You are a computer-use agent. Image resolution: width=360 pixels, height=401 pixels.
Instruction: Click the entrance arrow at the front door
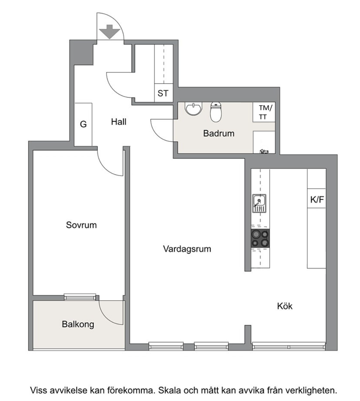(110, 32)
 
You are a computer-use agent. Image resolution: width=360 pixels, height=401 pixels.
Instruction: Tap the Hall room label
(119, 122)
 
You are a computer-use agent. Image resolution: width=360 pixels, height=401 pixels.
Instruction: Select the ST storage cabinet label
(163, 93)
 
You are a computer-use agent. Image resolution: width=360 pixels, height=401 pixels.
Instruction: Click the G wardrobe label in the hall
(83, 124)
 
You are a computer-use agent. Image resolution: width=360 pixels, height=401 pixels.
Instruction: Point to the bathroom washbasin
(194, 109)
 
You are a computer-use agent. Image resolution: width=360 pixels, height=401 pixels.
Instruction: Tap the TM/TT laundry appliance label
(265, 112)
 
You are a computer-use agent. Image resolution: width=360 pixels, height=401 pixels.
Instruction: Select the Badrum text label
(218, 133)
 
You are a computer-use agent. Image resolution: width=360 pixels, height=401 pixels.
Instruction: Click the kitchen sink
(259, 203)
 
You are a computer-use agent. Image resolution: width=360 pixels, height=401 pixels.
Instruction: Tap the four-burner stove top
(260, 238)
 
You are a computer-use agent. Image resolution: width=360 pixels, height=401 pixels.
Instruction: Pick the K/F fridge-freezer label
(317, 199)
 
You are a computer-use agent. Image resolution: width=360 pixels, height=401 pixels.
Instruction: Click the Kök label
(285, 306)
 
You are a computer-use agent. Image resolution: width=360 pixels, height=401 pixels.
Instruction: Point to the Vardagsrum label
(187, 249)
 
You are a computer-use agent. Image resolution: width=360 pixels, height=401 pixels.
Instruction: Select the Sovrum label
(81, 225)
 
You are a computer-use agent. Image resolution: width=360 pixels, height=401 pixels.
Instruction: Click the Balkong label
(78, 324)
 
